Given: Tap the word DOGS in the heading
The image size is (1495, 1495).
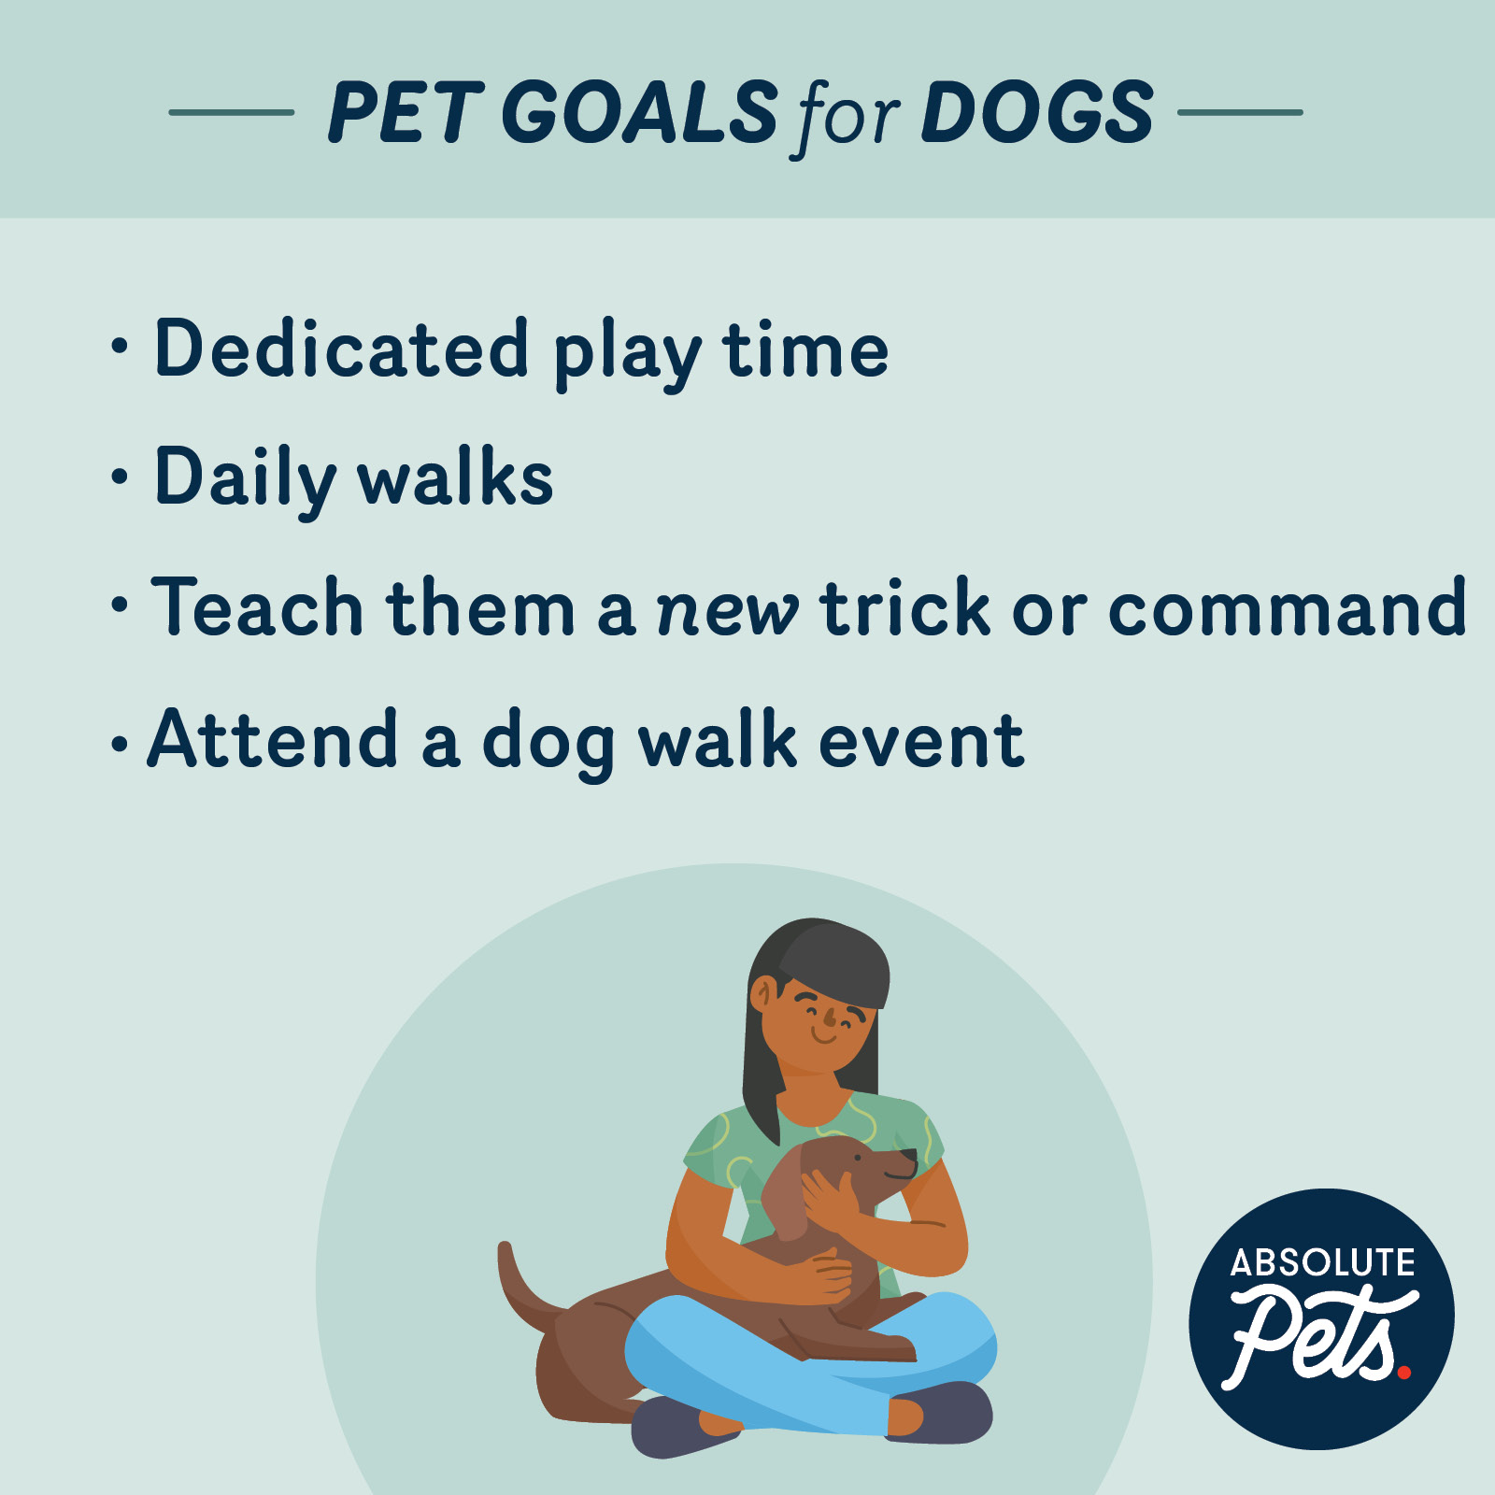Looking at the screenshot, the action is [1038, 112].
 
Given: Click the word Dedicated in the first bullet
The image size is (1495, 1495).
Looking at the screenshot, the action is [342, 348].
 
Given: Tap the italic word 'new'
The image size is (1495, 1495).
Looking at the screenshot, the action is [728, 613].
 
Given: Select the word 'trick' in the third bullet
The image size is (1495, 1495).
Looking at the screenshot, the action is [904, 606].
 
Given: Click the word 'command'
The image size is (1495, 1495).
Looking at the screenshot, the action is [1287, 606].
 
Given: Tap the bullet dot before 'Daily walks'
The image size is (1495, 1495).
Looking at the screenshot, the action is [119, 477].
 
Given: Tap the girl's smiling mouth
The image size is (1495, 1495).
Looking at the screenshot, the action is [825, 1036].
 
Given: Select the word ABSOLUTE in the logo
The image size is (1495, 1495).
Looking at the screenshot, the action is [1322, 1263].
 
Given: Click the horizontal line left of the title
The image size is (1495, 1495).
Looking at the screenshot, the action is [231, 112].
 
